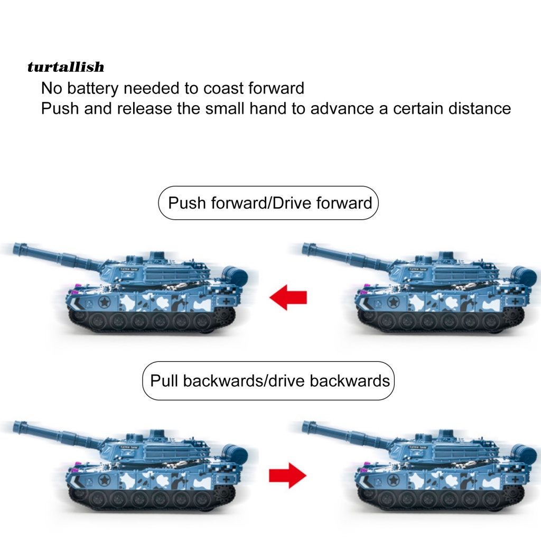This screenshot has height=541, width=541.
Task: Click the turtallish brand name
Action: point(66,67)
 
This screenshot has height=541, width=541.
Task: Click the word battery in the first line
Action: point(92,88)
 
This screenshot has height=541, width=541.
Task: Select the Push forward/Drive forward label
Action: point(268,203)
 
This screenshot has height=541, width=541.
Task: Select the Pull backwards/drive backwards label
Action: point(268,381)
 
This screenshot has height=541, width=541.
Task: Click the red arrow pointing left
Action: point(288,297)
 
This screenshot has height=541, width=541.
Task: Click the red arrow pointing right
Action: point(288,475)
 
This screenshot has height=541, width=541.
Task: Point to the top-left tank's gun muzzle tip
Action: point(15,249)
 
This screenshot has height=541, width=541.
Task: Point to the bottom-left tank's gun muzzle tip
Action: point(15,427)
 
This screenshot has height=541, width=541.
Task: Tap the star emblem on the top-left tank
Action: point(104,302)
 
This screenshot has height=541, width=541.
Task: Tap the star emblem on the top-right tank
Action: point(393,302)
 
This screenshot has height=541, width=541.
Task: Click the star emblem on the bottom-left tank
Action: point(104,480)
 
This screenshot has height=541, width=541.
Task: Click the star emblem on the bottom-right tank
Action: point(393,480)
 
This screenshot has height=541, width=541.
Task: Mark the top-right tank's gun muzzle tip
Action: point(304,249)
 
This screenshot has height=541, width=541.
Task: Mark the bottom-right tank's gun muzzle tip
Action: point(304,427)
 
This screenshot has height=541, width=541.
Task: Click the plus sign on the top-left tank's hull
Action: point(226,301)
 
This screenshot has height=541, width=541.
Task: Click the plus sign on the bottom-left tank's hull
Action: point(226,479)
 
